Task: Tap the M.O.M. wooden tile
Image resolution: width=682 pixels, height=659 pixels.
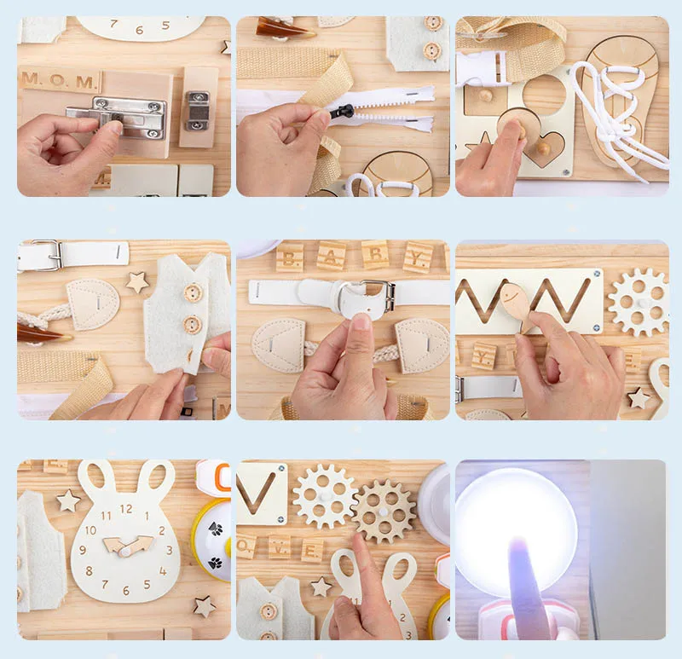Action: (x=60, y=81)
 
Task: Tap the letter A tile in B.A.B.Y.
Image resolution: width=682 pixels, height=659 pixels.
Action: (x=332, y=255)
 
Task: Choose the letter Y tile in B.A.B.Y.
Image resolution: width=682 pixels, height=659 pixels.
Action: (x=418, y=256)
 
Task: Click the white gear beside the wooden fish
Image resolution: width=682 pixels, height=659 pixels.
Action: (x=638, y=302)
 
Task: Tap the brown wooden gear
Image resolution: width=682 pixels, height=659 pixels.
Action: (x=383, y=511)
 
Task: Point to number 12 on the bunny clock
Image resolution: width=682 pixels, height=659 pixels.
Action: (x=125, y=509)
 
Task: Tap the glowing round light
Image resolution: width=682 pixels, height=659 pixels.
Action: (x=516, y=521)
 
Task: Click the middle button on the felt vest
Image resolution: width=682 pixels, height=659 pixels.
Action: (x=193, y=325)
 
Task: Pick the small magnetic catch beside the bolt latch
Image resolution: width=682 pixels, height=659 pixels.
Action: (x=197, y=112)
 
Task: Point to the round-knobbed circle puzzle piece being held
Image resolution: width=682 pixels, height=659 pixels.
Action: (x=515, y=128)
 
